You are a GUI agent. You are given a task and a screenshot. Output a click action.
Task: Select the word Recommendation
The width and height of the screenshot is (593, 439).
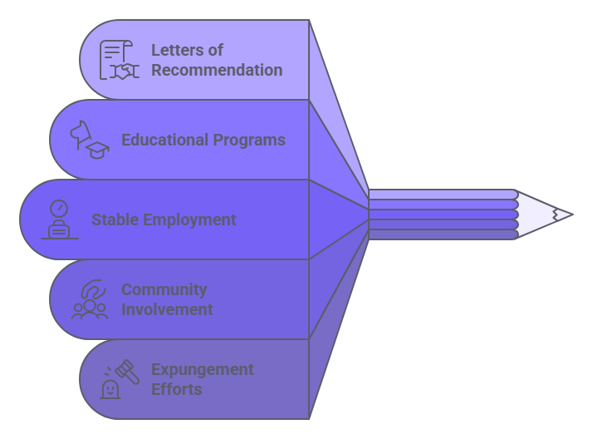point(216,71)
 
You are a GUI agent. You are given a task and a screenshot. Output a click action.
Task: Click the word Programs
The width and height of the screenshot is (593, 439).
point(250,140)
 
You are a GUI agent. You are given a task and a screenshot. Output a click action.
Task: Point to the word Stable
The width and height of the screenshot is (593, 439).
point(115,220)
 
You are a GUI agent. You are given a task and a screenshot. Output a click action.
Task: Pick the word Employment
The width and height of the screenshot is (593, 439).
point(189,220)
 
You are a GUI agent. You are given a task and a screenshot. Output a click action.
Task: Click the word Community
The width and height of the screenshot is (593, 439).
point(164,290)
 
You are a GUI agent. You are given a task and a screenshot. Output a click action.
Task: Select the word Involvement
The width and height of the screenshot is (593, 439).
point(167,310)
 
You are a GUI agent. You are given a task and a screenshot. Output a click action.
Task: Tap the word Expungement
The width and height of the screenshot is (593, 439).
point(202,370)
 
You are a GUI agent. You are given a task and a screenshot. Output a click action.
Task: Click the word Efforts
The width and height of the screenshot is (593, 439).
point(176,390)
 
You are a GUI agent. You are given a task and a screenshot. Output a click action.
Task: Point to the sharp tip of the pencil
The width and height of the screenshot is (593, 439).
point(569,215)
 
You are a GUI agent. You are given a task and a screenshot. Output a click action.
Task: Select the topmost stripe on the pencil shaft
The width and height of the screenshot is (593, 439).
point(442,195)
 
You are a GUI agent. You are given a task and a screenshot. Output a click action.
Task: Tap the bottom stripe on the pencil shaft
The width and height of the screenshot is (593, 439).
point(442,234)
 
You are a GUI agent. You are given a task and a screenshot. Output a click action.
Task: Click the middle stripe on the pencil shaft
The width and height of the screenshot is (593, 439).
point(442,215)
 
